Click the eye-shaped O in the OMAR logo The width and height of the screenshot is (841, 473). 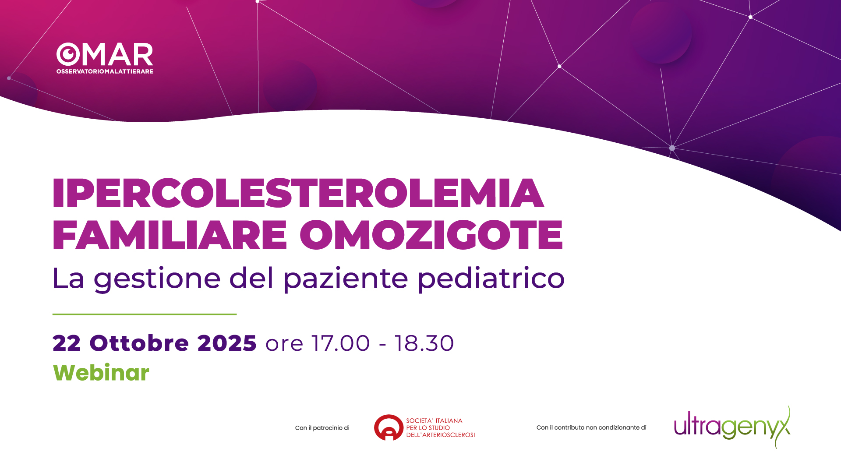pos(68,54)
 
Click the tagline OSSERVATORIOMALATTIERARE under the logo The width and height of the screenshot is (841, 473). pos(105,71)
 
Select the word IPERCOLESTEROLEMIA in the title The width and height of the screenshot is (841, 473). pos(298,193)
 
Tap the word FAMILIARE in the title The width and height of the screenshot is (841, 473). pos(170,235)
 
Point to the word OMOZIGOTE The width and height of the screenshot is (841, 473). pos(431,235)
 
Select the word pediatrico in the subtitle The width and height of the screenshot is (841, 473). pos(491,279)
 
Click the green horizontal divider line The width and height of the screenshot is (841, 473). pos(145,314)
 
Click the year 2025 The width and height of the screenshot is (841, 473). pos(227,343)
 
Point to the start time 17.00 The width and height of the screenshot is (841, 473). pos(340,343)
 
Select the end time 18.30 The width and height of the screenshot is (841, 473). pos(424,343)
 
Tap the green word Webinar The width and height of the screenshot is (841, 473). pos(101,373)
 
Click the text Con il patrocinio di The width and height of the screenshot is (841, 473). pos(322,428)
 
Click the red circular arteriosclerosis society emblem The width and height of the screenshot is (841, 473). pos(389,427)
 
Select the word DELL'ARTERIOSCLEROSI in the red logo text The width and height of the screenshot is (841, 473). pos(441,435)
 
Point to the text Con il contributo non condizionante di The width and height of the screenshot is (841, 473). pos(591,427)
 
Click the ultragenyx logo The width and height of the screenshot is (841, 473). pos(732,427)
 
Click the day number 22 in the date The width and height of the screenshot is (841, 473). pos(67,343)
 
